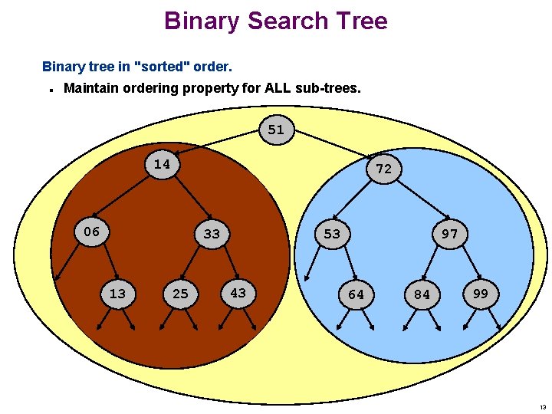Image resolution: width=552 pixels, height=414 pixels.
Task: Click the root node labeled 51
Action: pyautogui.click(x=276, y=130)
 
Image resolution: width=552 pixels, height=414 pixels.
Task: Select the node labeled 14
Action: pyautogui.click(x=162, y=164)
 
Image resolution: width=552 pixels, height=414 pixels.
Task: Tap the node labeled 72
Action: pyautogui.click(x=383, y=169)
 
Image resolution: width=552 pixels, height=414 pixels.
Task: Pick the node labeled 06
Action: pyautogui.click(x=91, y=232)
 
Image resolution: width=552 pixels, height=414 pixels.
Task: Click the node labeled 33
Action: pyautogui.click(x=212, y=234)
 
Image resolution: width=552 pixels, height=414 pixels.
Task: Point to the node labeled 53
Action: pyautogui.click(x=332, y=233)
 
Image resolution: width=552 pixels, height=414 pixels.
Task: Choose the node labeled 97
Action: pyautogui.click(x=449, y=234)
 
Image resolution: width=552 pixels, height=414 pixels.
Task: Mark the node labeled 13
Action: pyautogui.click(x=117, y=293)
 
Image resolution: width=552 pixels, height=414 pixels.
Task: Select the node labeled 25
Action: pyautogui.click(x=180, y=294)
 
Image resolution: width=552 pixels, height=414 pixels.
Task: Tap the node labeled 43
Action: pyautogui.click(x=238, y=292)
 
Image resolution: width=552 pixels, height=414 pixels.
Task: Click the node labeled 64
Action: pyautogui.click(x=356, y=294)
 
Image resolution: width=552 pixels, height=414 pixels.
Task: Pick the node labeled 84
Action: pyautogui.click(x=422, y=294)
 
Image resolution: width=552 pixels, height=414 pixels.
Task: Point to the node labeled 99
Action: pyautogui.click(x=481, y=294)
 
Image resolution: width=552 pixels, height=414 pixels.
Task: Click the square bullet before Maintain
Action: pyautogui.click(x=50, y=90)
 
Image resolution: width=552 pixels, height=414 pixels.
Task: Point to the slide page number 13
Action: pyautogui.click(x=543, y=407)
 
